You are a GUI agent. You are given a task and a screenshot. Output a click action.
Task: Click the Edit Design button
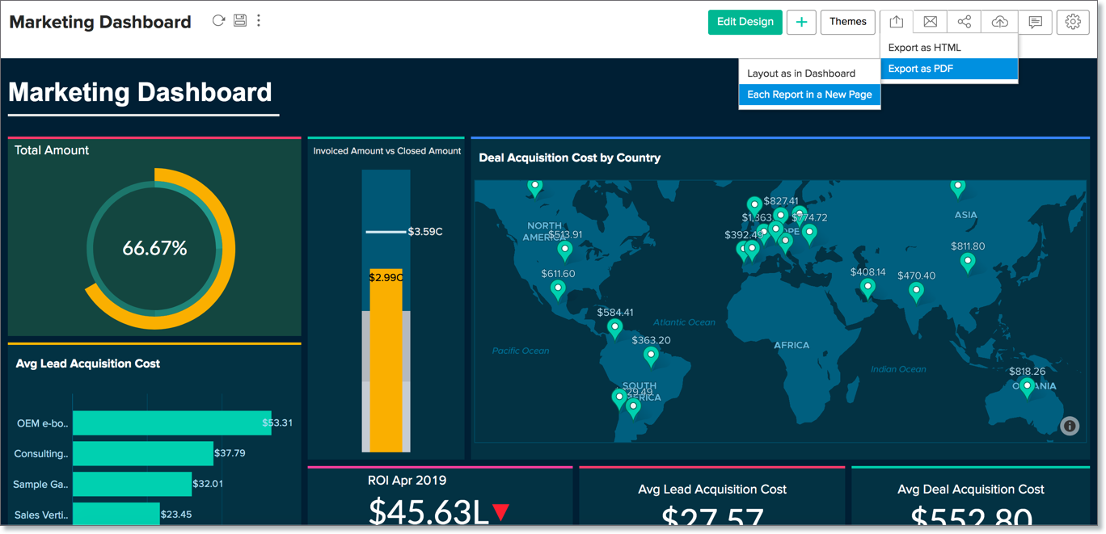click(745, 22)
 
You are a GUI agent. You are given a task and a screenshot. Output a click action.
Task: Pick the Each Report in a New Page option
click(809, 95)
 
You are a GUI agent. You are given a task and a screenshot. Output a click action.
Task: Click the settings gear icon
click(1073, 22)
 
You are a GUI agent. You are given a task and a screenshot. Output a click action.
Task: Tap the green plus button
click(801, 22)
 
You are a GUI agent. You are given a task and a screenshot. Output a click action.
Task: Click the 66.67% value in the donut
click(154, 249)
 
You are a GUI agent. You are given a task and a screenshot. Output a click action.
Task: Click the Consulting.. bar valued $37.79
click(142, 453)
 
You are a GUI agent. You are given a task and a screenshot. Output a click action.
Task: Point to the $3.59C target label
click(425, 232)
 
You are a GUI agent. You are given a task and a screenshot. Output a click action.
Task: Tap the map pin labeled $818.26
click(1027, 387)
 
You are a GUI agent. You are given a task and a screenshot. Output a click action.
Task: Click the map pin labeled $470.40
click(916, 291)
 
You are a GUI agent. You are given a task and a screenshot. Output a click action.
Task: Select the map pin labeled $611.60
click(558, 289)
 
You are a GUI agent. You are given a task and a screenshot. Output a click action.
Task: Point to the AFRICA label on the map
click(792, 345)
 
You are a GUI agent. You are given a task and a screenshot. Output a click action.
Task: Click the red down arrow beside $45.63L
click(501, 511)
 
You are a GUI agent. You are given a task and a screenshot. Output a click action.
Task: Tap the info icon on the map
click(1070, 426)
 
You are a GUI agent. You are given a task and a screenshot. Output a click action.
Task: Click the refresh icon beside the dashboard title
click(218, 21)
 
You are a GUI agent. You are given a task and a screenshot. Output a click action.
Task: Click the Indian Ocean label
click(898, 369)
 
